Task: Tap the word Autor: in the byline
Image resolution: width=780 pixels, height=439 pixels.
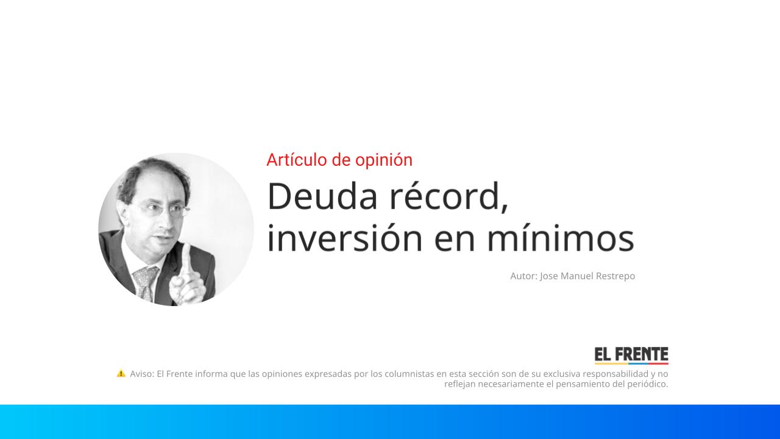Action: [x=523, y=276]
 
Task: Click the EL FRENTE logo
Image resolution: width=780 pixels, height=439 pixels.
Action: [x=631, y=355]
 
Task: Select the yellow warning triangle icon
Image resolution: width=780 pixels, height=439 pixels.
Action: [x=121, y=373]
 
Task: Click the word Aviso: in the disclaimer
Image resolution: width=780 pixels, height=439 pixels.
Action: [x=142, y=374]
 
